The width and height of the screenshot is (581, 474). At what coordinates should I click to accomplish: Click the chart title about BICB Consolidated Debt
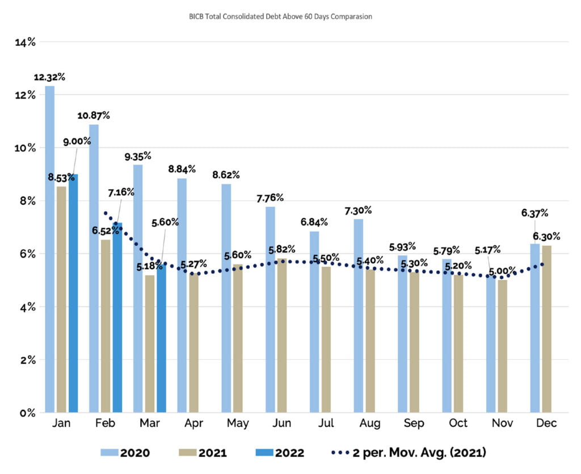[280, 16]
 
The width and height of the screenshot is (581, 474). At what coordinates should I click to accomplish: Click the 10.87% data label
[94, 115]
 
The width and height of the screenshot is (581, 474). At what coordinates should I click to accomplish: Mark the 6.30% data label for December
[547, 236]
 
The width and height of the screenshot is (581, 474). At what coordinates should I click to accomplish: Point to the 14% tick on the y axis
[25, 42]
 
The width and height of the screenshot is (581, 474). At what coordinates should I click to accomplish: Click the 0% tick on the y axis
[27, 413]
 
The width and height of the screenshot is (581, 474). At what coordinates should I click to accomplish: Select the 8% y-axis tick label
[27, 201]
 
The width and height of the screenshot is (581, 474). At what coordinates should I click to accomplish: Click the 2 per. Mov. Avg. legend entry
[408, 452]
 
